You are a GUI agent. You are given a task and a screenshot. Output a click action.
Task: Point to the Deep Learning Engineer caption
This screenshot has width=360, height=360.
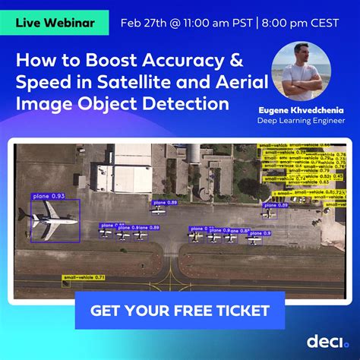(302, 120)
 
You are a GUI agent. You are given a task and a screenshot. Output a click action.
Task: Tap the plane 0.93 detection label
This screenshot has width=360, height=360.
(48, 196)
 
